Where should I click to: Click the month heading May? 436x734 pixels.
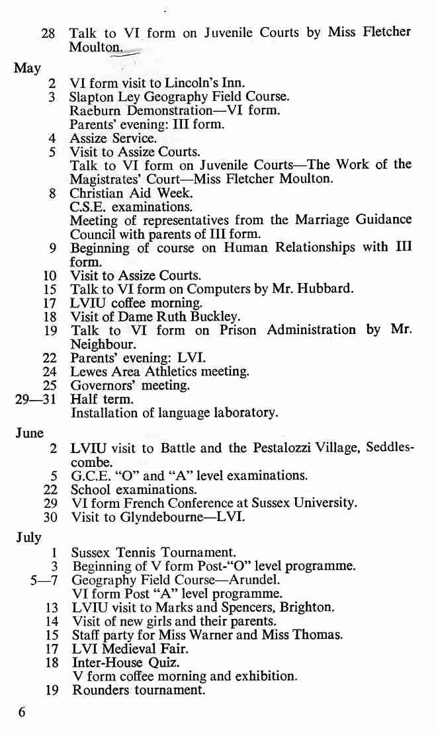tap(27, 68)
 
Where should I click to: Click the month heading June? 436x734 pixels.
tap(29, 433)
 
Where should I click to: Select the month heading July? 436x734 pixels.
tap(28, 536)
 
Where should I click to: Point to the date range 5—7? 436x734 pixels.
tap(44, 580)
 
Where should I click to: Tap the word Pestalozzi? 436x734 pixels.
tap(288, 448)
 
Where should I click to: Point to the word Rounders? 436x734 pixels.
tap(99, 690)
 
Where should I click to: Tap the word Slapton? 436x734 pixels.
tap(92, 97)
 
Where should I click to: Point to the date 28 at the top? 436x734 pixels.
tap(48, 32)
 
